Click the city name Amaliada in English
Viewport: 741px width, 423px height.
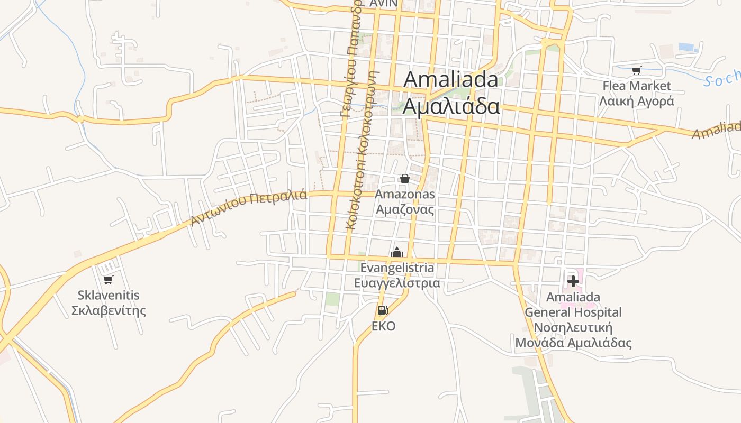click(x=451, y=80)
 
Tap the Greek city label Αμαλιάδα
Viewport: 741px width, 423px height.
click(x=451, y=106)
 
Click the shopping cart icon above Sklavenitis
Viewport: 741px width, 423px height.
click(x=109, y=280)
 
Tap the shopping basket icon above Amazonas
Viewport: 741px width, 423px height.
click(x=405, y=179)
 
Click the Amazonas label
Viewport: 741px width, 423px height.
click(x=405, y=194)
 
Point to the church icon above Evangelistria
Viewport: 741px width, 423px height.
click(x=397, y=252)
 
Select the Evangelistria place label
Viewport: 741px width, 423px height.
click(x=397, y=268)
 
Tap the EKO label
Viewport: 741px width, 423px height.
click(x=383, y=326)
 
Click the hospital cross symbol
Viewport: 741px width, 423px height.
click(x=573, y=281)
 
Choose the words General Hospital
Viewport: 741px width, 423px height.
click(x=573, y=312)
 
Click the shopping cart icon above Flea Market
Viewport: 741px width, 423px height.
click(x=637, y=70)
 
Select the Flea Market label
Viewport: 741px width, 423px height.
click(x=637, y=86)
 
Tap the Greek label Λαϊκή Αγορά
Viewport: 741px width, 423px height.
click(x=637, y=101)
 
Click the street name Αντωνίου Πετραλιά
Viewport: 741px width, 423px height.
click(x=249, y=207)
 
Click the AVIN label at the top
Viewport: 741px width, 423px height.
click(x=384, y=3)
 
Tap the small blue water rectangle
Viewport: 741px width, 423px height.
click(x=688, y=47)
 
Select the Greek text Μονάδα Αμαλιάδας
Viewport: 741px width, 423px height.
click(x=573, y=343)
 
